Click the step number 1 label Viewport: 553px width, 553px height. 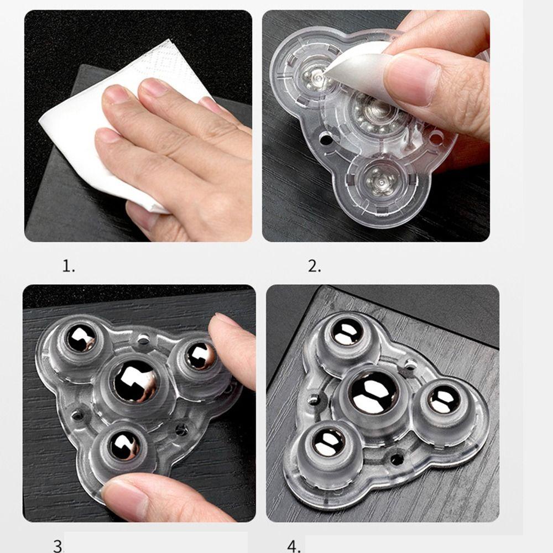pos(69,267)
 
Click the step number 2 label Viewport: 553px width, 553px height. pos(315,267)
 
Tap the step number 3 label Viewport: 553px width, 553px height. pos(59,546)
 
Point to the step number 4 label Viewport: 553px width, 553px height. pos(294,546)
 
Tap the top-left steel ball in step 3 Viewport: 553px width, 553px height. pos(81,338)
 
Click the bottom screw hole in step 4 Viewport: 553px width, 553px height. pos(397,459)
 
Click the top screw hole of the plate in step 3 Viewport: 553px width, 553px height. pos(143,340)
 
